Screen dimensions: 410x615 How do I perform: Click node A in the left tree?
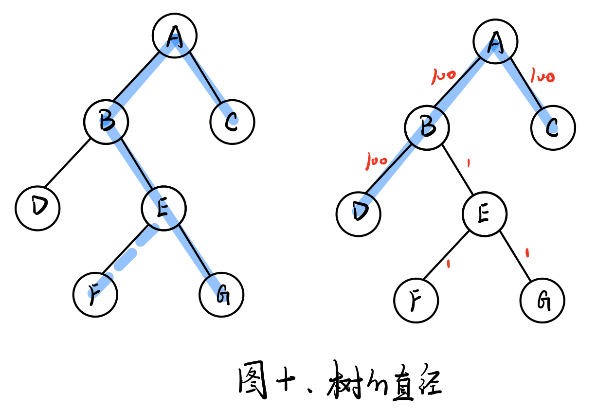(174, 36)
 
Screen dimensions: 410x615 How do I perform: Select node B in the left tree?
(106, 122)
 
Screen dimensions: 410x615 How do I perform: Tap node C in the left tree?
(232, 122)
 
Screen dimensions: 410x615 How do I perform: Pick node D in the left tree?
(37, 208)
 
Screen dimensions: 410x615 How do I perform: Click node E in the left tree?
(163, 208)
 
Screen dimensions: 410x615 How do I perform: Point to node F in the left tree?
(95, 294)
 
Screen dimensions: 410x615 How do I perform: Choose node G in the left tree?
(221, 295)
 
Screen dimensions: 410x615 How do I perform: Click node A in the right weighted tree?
(495, 42)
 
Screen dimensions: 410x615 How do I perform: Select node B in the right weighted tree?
(427, 128)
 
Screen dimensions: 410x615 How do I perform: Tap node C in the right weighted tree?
(553, 128)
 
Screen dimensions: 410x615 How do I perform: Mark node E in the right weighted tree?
(484, 214)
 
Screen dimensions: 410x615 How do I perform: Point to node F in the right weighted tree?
(416, 301)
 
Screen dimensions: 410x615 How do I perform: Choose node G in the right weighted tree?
(542, 301)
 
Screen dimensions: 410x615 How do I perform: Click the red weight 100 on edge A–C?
(542, 77)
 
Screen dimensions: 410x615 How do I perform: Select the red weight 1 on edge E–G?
(528, 252)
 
